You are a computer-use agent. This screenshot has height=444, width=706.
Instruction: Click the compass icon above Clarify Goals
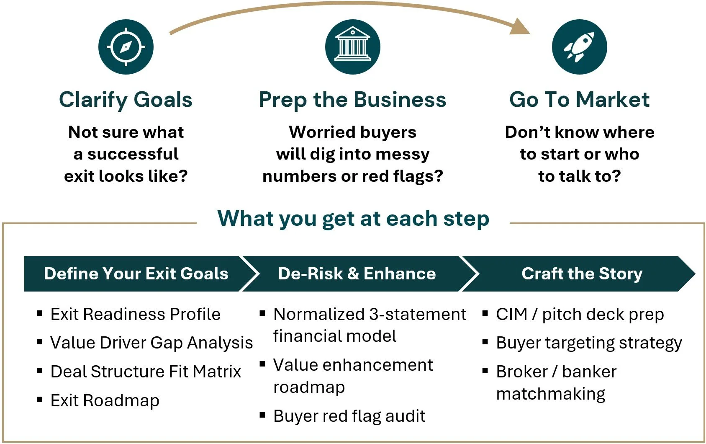(x=126, y=47)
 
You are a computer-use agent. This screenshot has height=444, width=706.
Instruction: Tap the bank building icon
(x=353, y=47)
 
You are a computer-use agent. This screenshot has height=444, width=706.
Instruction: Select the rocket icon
(x=579, y=47)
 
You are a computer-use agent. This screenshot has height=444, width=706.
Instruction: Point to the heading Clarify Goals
(x=126, y=100)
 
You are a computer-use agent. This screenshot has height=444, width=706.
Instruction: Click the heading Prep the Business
(x=352, y=100)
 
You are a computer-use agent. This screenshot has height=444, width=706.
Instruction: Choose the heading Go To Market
(x=579, y=100)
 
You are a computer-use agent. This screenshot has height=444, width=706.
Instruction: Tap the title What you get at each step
(x=353, y=218)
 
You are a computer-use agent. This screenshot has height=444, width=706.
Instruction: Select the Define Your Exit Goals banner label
(x=136, y=274)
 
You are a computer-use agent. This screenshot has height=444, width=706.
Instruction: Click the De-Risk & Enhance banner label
(x=357, y=274)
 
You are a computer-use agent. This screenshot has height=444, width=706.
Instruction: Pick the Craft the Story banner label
(x=582, y=274)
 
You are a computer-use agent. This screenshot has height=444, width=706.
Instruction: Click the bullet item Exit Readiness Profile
(x=135, y=314)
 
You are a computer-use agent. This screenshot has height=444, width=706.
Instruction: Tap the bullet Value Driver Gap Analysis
(x=151, y=343)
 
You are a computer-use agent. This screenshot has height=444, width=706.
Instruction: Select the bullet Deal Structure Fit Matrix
(x=146, y=372)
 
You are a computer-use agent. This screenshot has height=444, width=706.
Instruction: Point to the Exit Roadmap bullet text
(x=105, y=400)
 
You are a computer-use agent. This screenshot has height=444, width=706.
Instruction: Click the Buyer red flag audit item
(x=349, y=416)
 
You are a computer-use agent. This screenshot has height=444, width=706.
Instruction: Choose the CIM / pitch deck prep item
(x=580, y=314)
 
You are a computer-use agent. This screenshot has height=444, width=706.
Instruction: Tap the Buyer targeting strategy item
(x=589, y=343)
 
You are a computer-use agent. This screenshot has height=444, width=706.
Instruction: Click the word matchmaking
(x=550, y=394)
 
